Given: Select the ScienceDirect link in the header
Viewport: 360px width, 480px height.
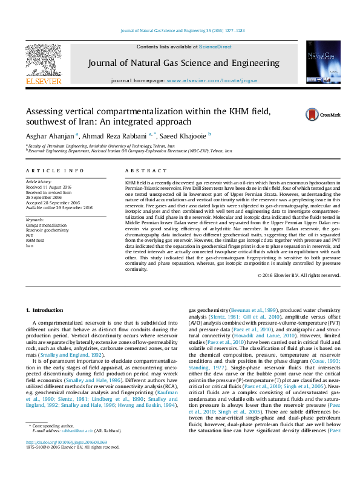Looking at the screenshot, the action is pyautogui.click(x=215, y=47).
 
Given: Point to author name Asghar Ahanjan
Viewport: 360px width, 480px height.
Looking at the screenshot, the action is pyautogui.click(x=50, y=135).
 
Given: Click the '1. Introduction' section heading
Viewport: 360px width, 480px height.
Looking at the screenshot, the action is pyautogui.click(x=43, y=310).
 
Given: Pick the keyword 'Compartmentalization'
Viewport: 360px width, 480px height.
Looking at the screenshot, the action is pyautogui.click(x=45, y=224).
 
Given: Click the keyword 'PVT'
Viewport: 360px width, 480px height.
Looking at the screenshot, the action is pyautogui.click(x=29, y=235).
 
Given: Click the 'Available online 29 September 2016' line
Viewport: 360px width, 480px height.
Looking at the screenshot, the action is pyautogui.click(x=59, y=207).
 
